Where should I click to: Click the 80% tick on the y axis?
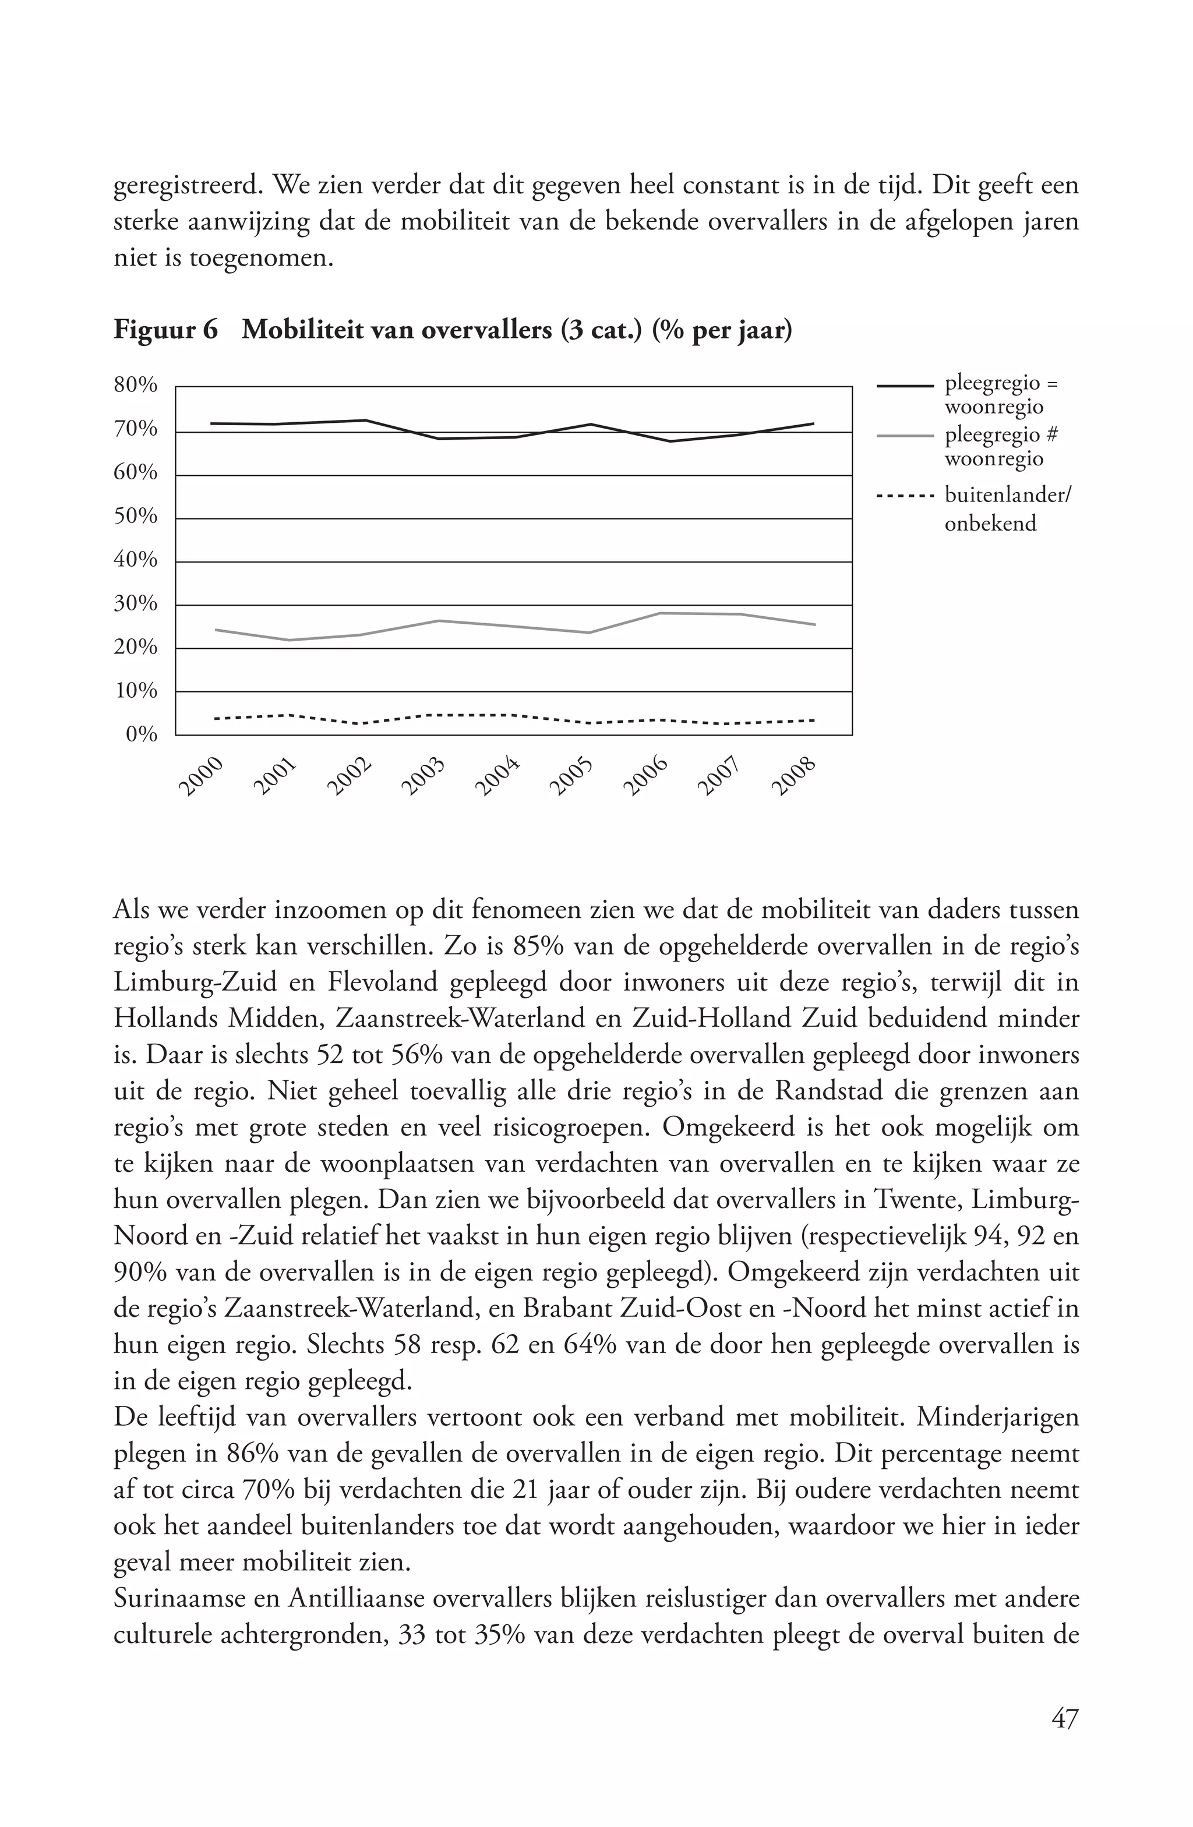[x=136, y=384]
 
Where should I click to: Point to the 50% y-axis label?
[x=136, y=516]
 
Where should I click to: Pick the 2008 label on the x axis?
[x=792, y=776]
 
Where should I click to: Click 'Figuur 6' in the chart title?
[x=165, y=330]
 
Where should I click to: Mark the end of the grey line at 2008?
[x=814, y=624]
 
